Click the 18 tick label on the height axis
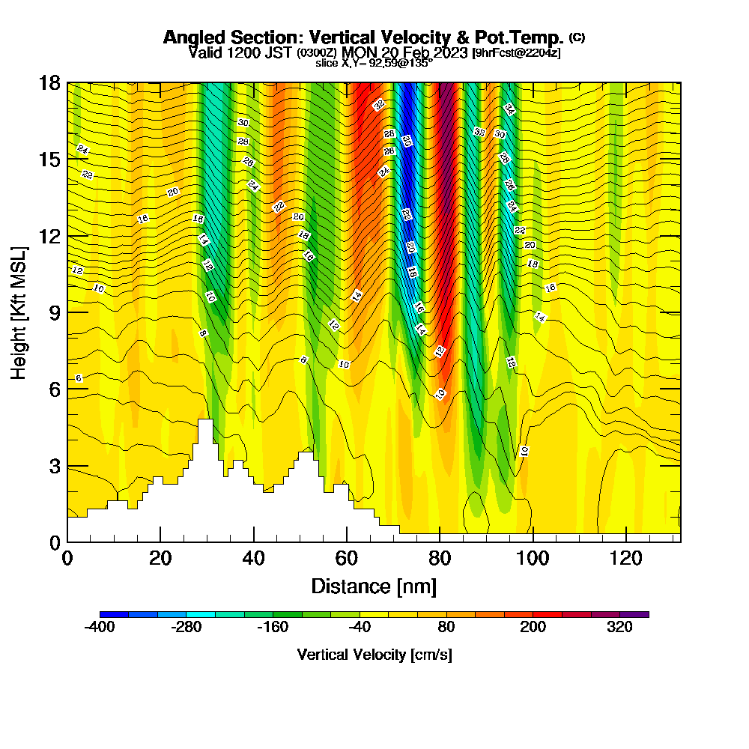point(49,82)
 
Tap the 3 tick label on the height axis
point(54,466)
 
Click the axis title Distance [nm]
point(374,586)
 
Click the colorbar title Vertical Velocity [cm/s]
point(374,655)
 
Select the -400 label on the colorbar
point(100,628)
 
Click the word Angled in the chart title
point(189,37)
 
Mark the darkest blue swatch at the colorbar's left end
point(114,614)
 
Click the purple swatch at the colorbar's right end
point(634,614)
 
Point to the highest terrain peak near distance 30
point(204,421)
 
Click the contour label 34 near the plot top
point(509,109)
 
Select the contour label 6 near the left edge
point(79,378)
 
